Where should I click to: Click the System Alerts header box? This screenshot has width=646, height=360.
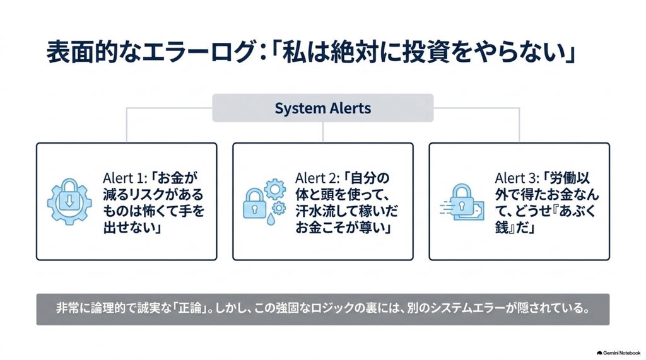(322, 108)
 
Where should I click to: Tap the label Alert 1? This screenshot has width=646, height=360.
(125, 178)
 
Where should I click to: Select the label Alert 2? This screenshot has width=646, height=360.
(317, 178)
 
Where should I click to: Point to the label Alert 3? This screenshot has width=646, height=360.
(517, 178)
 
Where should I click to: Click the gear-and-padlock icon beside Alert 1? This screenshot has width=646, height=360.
(69, 201)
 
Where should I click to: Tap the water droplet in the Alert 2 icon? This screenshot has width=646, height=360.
(270, 219)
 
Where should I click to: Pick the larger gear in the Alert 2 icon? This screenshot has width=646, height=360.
(275, 189)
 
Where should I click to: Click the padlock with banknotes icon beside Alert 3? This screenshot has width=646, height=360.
(462, 202)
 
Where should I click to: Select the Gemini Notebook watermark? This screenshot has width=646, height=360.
(618, 353)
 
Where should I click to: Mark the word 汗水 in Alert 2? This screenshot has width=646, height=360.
(311, 211)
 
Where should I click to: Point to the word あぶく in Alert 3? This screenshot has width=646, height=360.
(577, 211)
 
